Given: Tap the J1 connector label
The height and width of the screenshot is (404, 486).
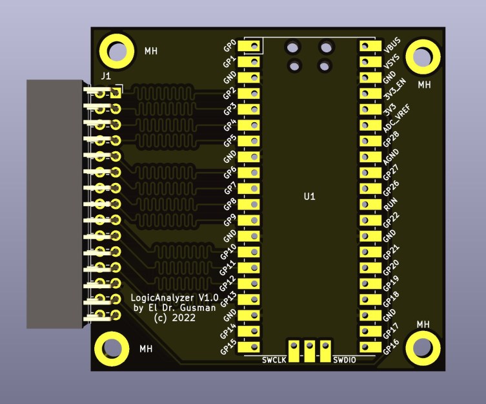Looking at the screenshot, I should point(106,77).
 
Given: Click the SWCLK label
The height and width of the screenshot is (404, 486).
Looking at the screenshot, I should point(273,359).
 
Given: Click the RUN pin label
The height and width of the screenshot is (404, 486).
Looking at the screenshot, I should point(390,207).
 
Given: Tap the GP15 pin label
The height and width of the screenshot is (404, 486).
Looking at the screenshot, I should point(228,347).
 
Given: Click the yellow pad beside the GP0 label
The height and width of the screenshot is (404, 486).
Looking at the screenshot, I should point(249,47).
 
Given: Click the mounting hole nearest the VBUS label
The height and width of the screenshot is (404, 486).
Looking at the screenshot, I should point(423,56).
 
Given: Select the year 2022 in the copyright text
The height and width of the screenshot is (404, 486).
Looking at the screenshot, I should point(184,318).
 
